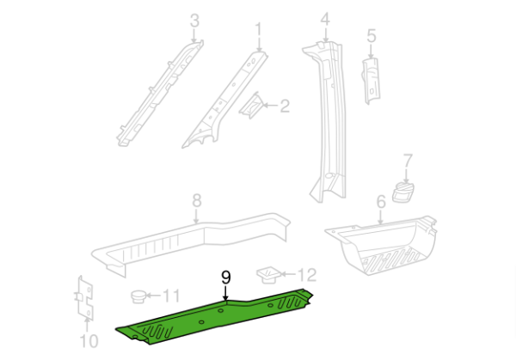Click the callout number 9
[225, 278]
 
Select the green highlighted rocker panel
[214, 317]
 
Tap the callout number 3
[194, 21]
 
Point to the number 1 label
[259, 30]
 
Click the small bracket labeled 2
[252, 106]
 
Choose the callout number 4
[325, 20]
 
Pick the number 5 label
[372, 36]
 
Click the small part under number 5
[371, 81]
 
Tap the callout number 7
[408, 161]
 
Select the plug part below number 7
[402, 192]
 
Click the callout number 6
[381, 202]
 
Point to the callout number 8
[196, 200]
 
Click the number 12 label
[307, 275]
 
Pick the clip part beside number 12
[268, 275]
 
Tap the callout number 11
[171, 296]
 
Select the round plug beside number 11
[138, 297]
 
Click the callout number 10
[89, 341]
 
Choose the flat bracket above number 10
[85, 298]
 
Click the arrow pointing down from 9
[225, 293]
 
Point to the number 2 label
[285, 107]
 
